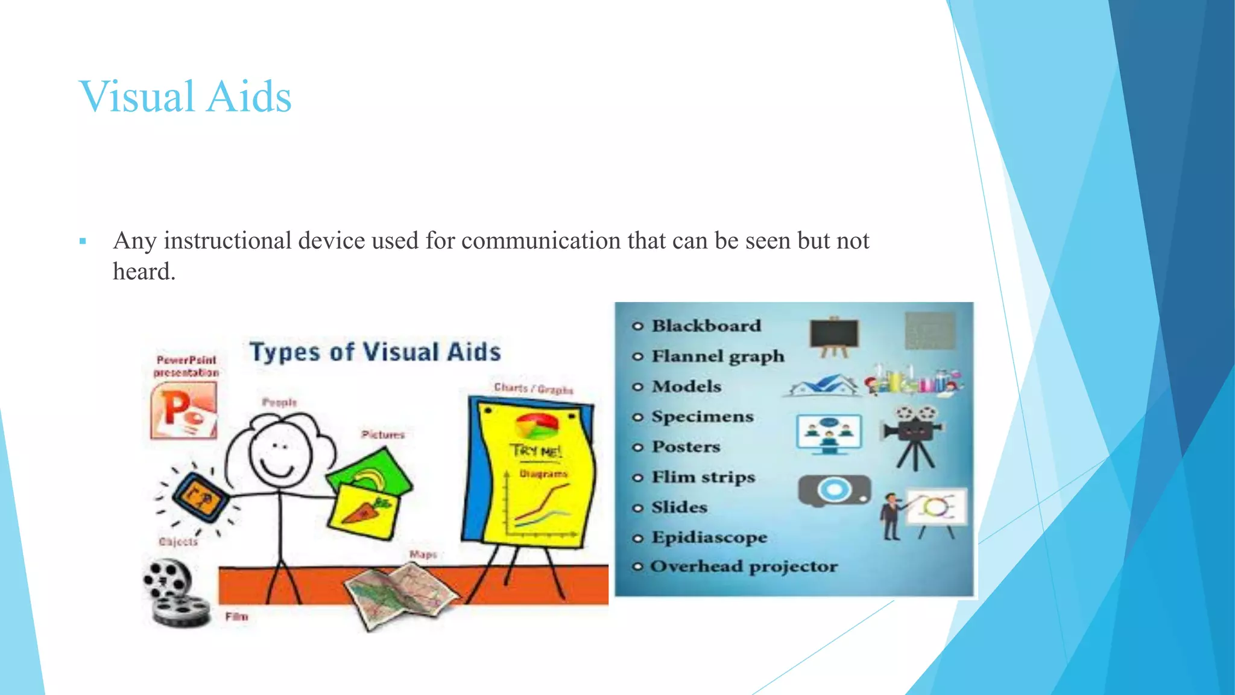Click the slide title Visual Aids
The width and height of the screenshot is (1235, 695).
tap(185, 97)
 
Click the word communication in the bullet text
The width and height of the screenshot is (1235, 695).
tap(541, 241)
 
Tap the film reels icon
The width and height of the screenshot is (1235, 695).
tap(174, 594)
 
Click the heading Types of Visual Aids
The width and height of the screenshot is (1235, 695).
tap(375, 352)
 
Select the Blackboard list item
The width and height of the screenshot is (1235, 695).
tap(706, 326)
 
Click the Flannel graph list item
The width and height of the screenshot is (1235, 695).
tap(718, 356)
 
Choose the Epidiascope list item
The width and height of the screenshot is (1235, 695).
tap(709, 537)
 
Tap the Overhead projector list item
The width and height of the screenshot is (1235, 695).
tap(744, 566)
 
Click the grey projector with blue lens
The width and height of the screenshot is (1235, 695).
tap(835, 490)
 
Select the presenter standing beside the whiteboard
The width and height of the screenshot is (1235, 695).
tap(889, 516)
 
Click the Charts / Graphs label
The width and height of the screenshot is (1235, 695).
tap(533, 389)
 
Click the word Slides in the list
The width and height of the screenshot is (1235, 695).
tap(679, 507)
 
